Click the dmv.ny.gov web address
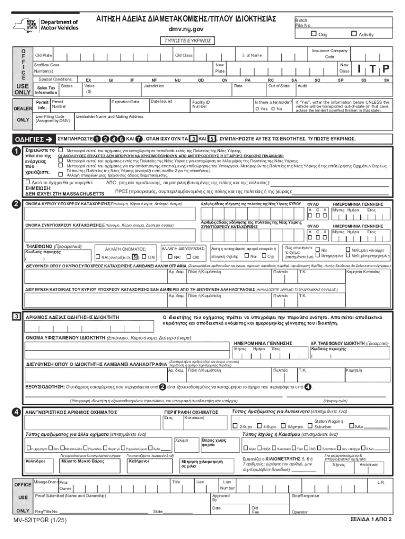185,29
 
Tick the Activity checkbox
353,34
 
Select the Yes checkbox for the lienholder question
257,108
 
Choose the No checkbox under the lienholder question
273,108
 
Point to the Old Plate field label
43,55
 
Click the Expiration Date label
125,101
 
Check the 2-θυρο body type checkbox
235,425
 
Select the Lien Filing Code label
50,118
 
